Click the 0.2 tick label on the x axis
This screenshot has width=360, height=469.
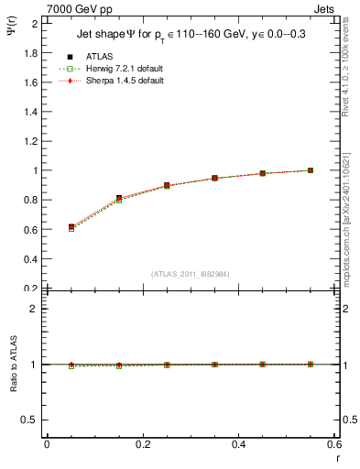coord(143,444)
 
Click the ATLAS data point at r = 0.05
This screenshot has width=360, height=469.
coord(71,227)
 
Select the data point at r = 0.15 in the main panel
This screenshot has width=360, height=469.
coord(119,198)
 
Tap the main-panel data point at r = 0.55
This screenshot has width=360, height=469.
coord(311,170)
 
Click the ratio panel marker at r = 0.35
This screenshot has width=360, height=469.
coord(214,365)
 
